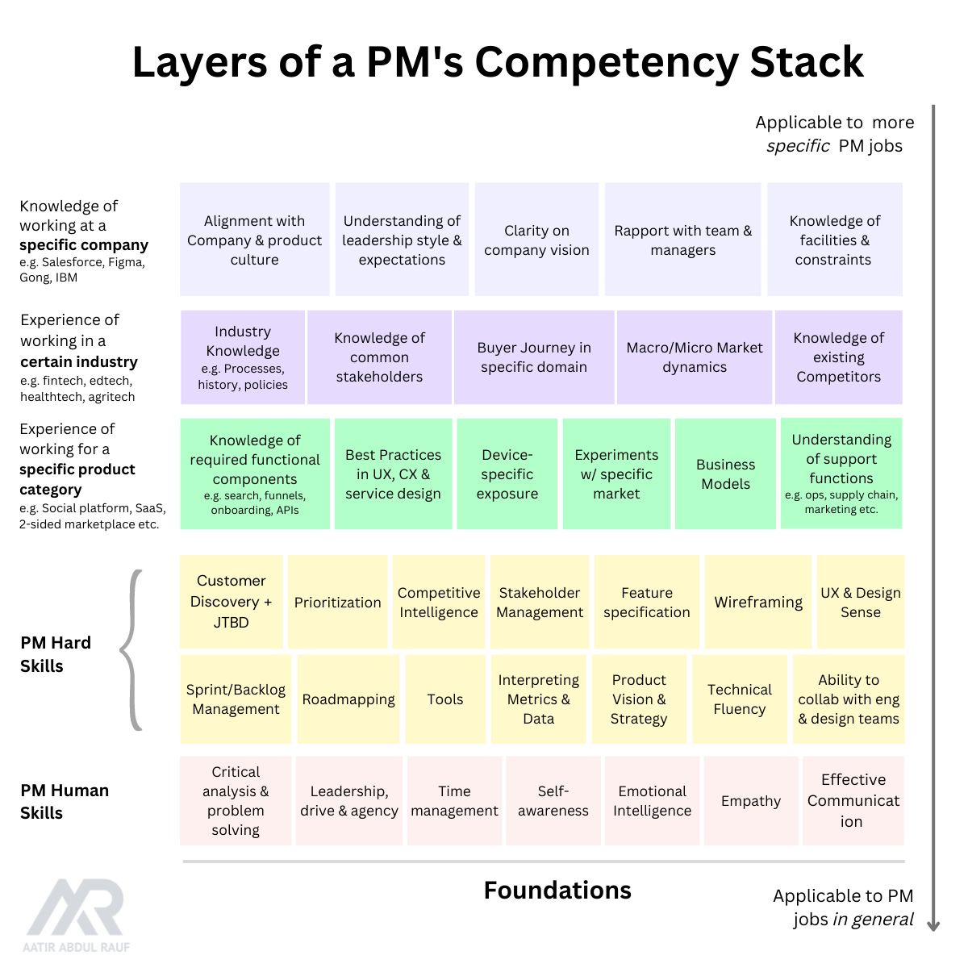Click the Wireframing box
point(758,602)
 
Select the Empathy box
point(751,801)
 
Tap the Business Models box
point(725,474)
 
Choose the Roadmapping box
point(348,699)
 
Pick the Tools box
point(445,699)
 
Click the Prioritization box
point(337,602)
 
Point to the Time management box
point(454,801)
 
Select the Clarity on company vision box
point(536,240)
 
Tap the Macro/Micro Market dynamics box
point(695,357)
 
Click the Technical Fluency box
point(739,699)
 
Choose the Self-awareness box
point(553,801)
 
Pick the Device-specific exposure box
point(507,474)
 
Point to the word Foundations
point(557,890)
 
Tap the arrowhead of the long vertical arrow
point(933,925)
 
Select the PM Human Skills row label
point(65,801)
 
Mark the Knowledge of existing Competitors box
point(838,357)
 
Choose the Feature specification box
point(646,602)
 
